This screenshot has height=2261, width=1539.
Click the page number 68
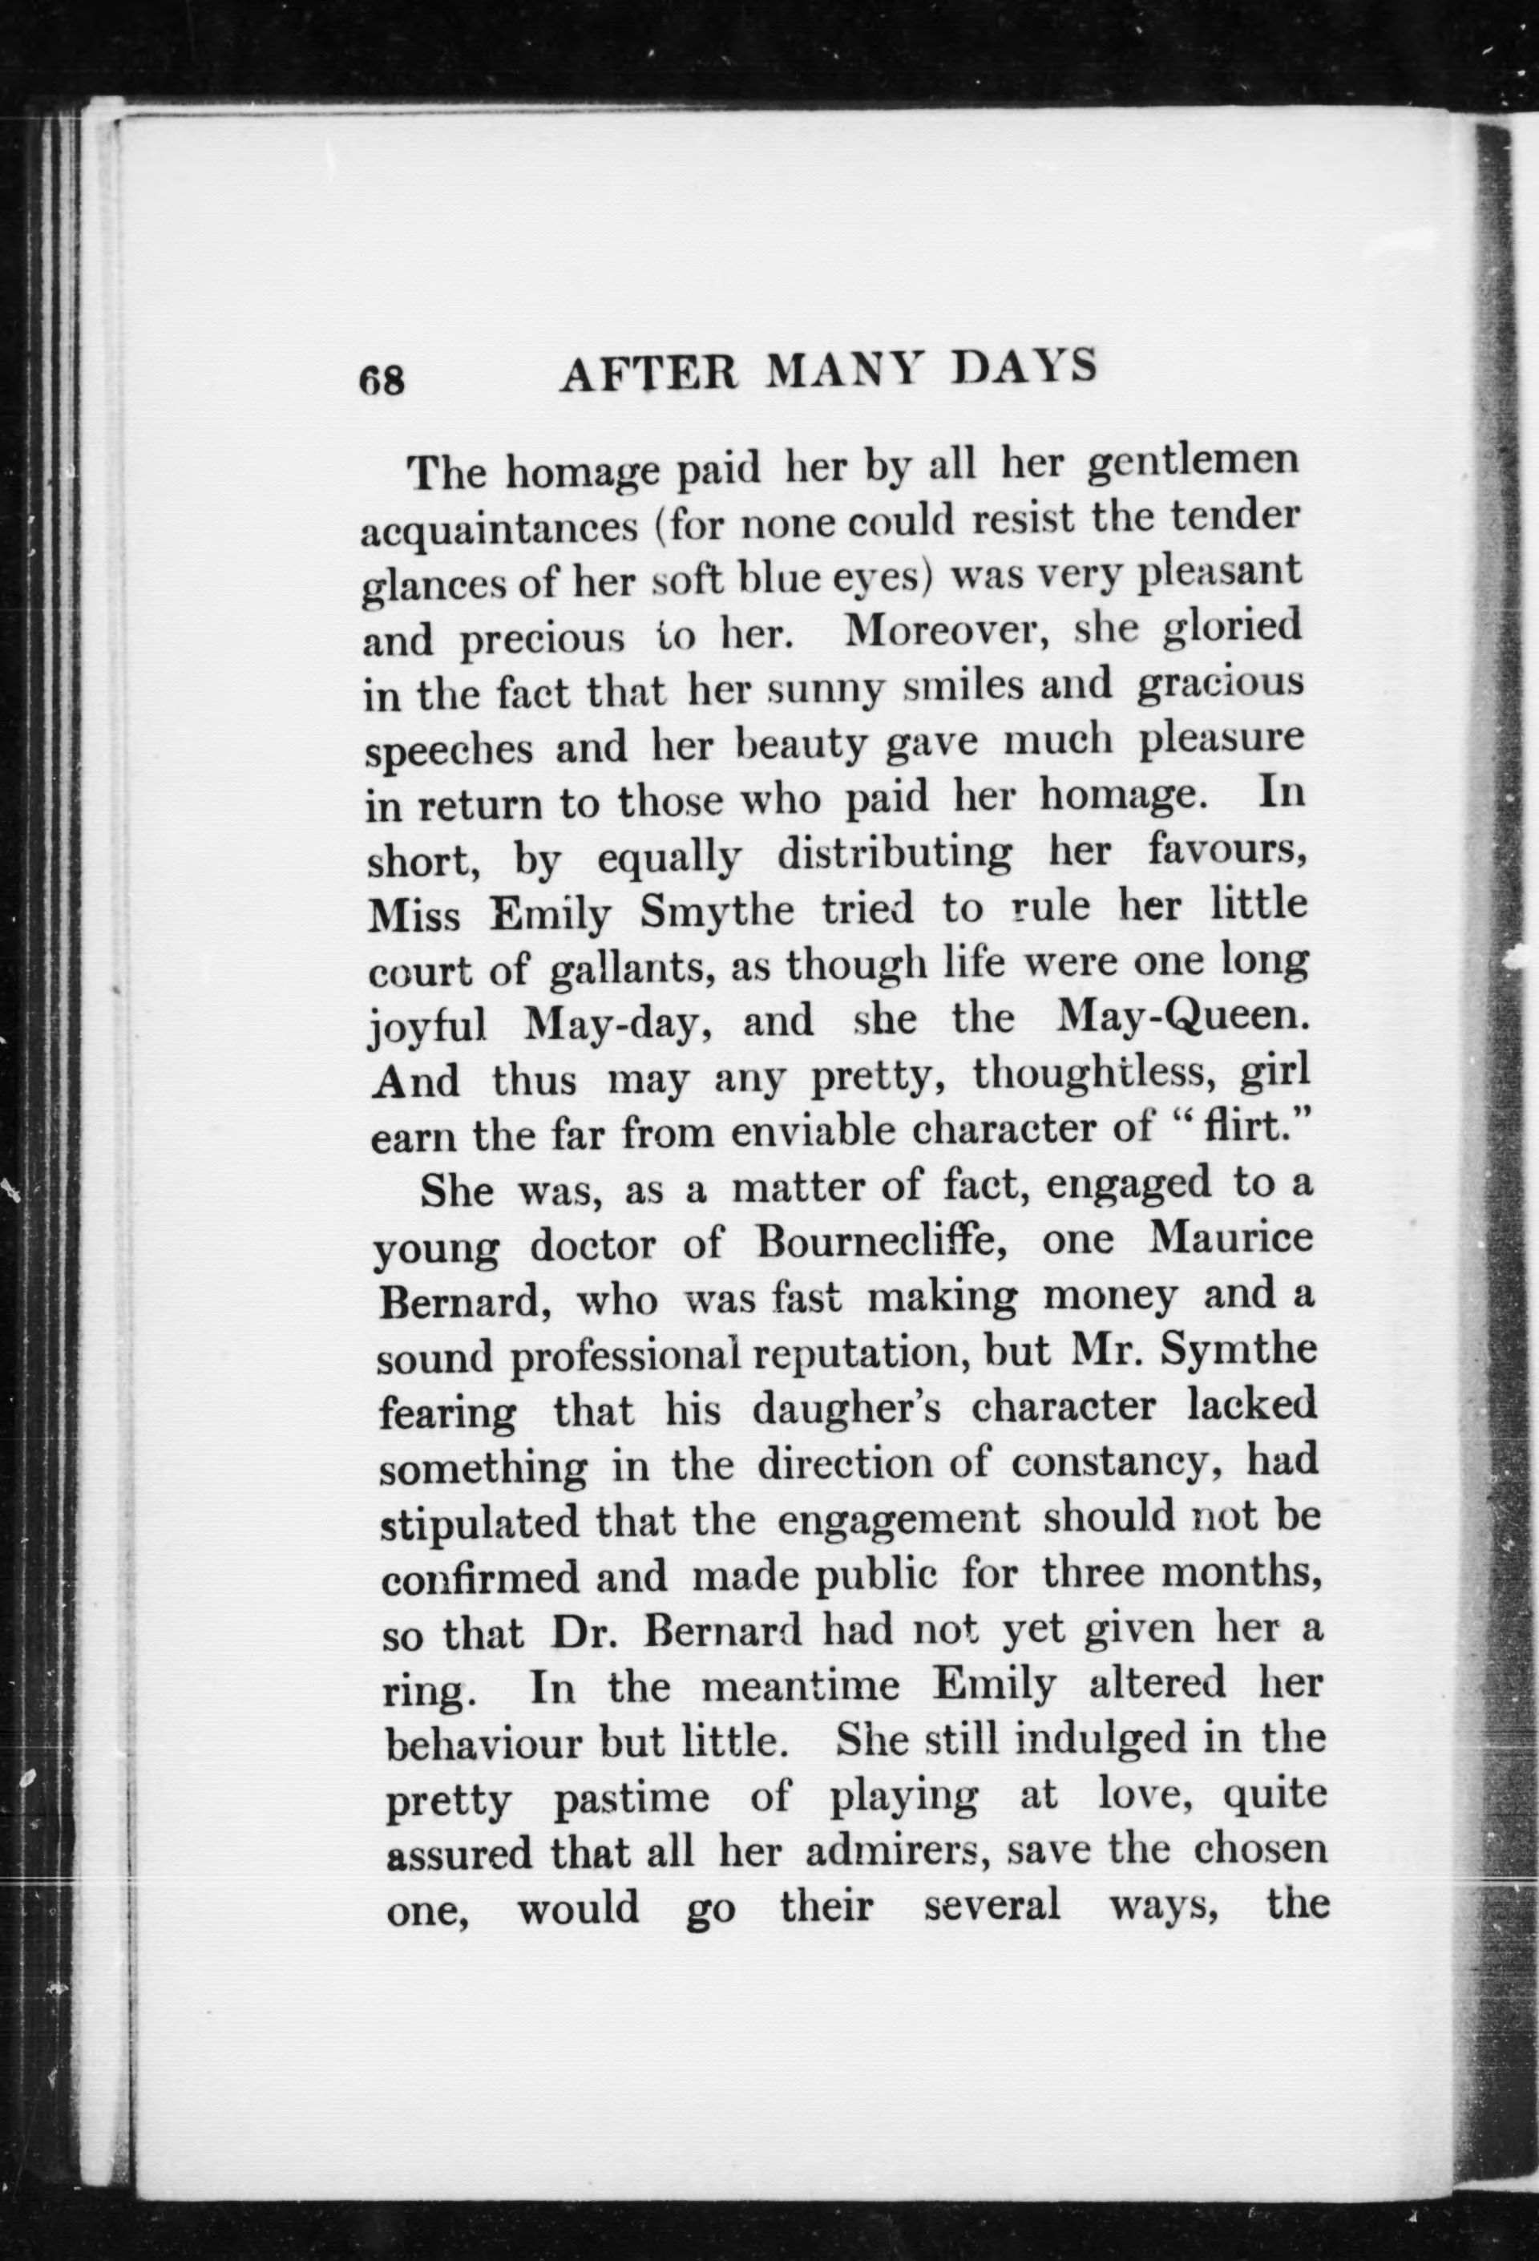coord(382,378)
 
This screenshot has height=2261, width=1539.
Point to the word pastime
coord(630,1800)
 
